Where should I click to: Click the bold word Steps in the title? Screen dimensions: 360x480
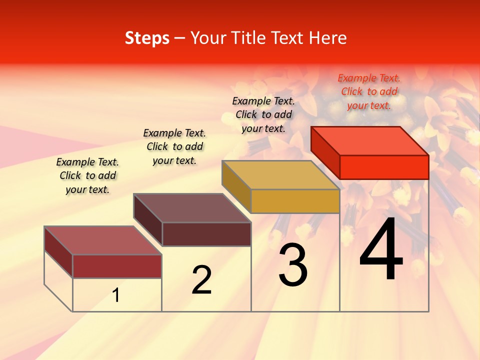point(147,38)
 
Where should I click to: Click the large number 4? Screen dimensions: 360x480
point(381,249)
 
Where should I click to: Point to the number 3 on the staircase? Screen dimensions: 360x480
point(293,265)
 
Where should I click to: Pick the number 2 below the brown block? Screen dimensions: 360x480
point(201,280)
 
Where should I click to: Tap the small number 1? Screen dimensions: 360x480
point(116,295)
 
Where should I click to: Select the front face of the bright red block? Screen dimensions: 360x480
point(384,167)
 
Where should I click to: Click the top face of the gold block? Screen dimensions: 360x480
point(280,175)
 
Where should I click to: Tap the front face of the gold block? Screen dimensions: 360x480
point(295,201)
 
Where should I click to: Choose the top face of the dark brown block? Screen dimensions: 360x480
point(192,208)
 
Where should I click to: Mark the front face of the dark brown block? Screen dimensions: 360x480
point(206,234)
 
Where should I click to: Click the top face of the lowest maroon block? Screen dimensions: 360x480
point(103,240)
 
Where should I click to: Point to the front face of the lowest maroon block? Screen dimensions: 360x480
point(117,266)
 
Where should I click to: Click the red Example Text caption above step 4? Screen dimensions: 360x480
point(369,91)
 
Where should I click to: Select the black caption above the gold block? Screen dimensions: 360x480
point(263,114)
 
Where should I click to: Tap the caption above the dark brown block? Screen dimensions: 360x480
point(174,146)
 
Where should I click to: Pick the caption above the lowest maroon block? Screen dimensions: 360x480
point(87,175)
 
